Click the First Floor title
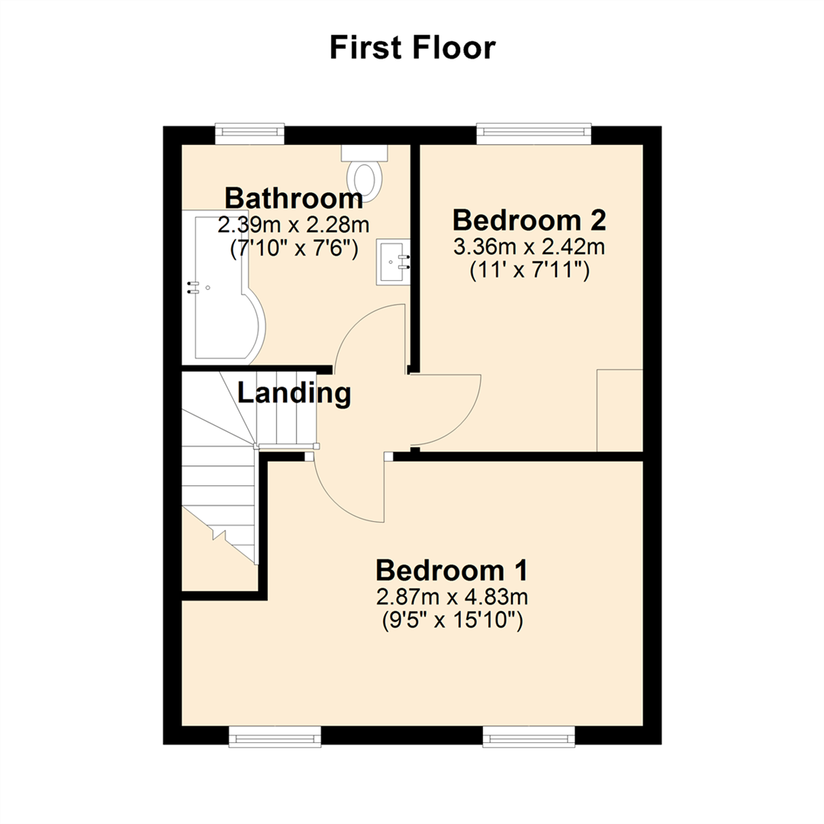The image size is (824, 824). tap(412, 48)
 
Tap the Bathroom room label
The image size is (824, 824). tap(294, 199)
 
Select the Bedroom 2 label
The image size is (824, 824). tap(529, 220)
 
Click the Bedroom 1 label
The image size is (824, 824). tap(452, 570)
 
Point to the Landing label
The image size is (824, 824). tap(295, 394)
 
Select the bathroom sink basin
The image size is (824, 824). tap(392, 264)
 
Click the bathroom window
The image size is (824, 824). tap(249, 134)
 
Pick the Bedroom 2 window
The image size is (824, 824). tap(534, 134)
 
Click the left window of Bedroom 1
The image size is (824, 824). tap(275, 735)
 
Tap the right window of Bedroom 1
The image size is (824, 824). tap(529, 735)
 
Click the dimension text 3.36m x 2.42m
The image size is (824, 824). tap(529, 248)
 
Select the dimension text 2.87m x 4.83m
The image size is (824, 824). tap(452, 597)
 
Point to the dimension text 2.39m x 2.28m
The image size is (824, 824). tap(294, 226)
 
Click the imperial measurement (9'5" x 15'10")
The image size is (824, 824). tap(452, 621)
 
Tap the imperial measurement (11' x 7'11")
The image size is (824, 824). tap(529, 271)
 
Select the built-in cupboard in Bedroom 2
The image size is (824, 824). tap(619, 410)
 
